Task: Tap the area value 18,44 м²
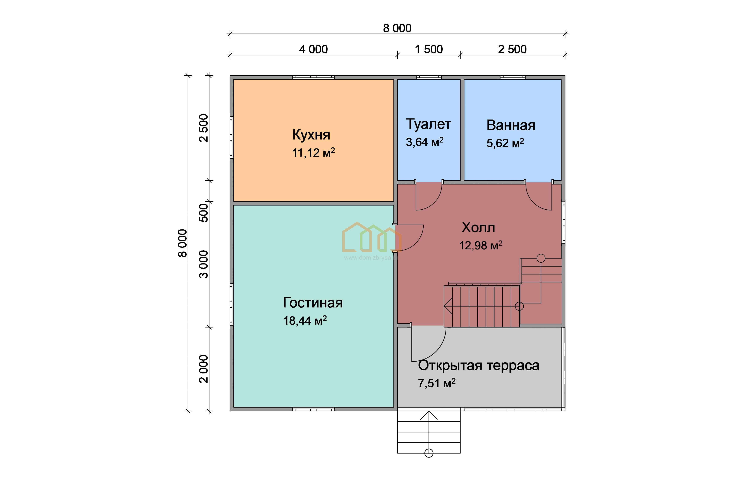[305, 320]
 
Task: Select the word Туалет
[428, 124]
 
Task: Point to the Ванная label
[511, 125]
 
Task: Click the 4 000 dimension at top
[313, 49]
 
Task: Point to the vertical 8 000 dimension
[183, 243]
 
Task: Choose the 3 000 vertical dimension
[204, 264]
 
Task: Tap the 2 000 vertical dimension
[204, 369]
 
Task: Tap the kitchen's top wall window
[314, 77]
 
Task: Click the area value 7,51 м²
[437, 383]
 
